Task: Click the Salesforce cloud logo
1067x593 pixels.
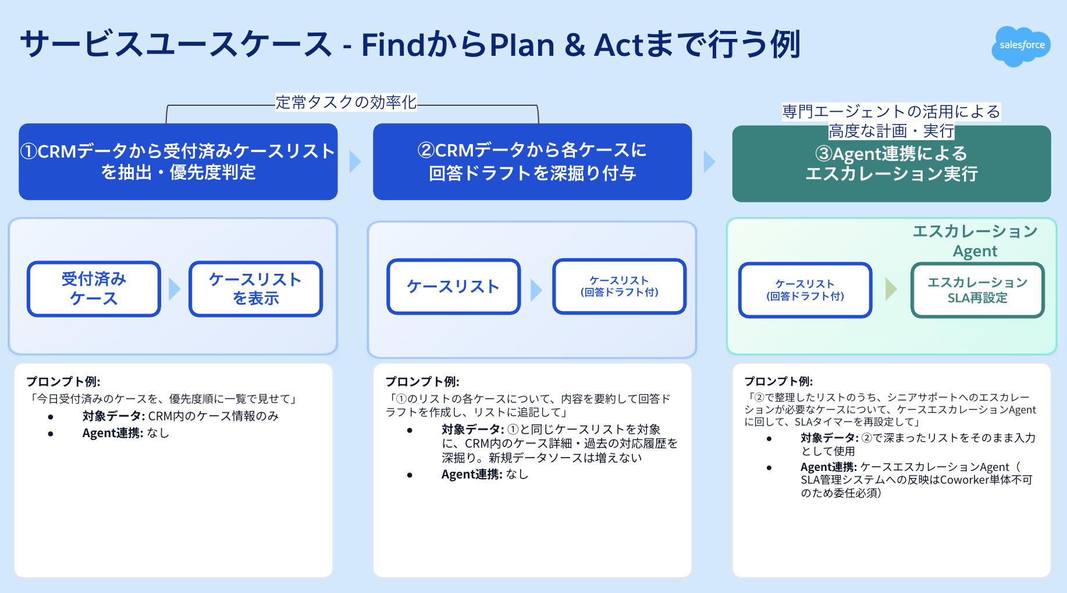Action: coord(1021,46)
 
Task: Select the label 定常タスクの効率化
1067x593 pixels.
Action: coord(346,102)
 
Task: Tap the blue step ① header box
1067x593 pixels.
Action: coord(178,162)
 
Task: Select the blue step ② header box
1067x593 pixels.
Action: coord(532,162)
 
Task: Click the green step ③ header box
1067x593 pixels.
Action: coord(891,164)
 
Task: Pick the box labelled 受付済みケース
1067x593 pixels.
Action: coord(94,289)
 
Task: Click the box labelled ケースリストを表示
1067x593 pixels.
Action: coord(255,289)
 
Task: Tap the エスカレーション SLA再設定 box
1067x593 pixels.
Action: coord(977,290)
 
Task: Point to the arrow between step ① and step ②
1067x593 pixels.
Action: coord(355,162)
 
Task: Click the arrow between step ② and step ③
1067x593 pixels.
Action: coord(710,162)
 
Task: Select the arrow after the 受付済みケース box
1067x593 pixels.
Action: coord(175,289)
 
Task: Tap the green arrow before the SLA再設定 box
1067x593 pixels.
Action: coord(891,289)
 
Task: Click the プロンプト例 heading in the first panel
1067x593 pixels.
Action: coord(63,381)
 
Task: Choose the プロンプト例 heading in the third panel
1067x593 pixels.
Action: coord(778,381)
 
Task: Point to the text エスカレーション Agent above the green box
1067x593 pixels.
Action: coord(975,241)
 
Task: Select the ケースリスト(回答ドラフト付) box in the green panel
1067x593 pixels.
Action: coord(805,290)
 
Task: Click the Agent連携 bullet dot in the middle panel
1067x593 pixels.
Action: coord(410,475)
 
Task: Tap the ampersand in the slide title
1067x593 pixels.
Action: coord(574,45)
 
